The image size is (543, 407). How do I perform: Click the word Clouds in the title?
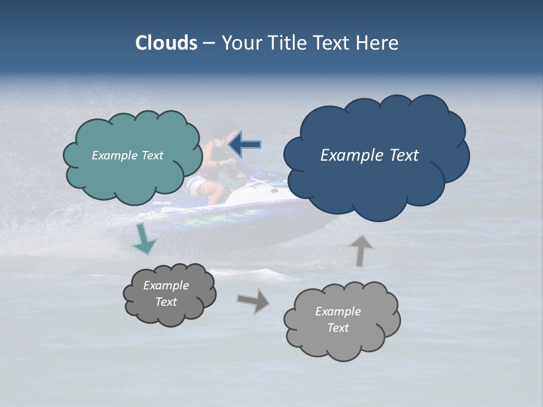pyautogui.click(x=166, y=43)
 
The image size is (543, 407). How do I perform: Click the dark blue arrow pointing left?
pyautogui.click(x=244, y=145)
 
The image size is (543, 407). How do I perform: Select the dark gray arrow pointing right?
pyautogui.click(x=254, y=301)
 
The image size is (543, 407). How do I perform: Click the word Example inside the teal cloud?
pyautogui.click(x=113, y=155)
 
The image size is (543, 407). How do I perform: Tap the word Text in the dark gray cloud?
pyautogui.click(x=166, y=302)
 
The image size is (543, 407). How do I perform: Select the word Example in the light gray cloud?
pyautogui.click(x=338, y=311)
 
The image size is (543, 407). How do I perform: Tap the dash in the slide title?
pyautogui.click(x=209, y=43)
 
